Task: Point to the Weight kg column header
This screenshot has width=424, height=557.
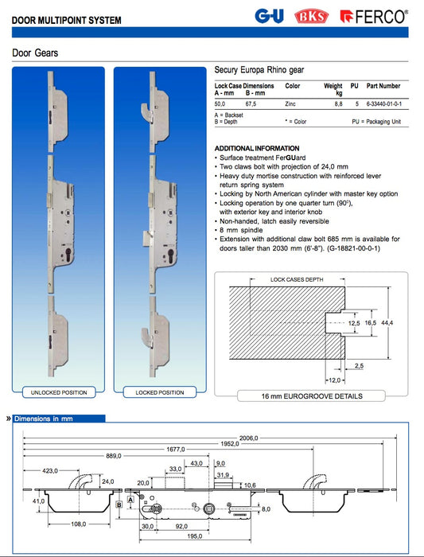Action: (x=333, y=89)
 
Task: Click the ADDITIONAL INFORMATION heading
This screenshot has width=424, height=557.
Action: (x=257, y=149)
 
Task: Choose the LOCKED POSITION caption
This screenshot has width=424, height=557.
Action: (x=159, y=392)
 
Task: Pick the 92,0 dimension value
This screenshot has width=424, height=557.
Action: (x=182, y=525)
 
